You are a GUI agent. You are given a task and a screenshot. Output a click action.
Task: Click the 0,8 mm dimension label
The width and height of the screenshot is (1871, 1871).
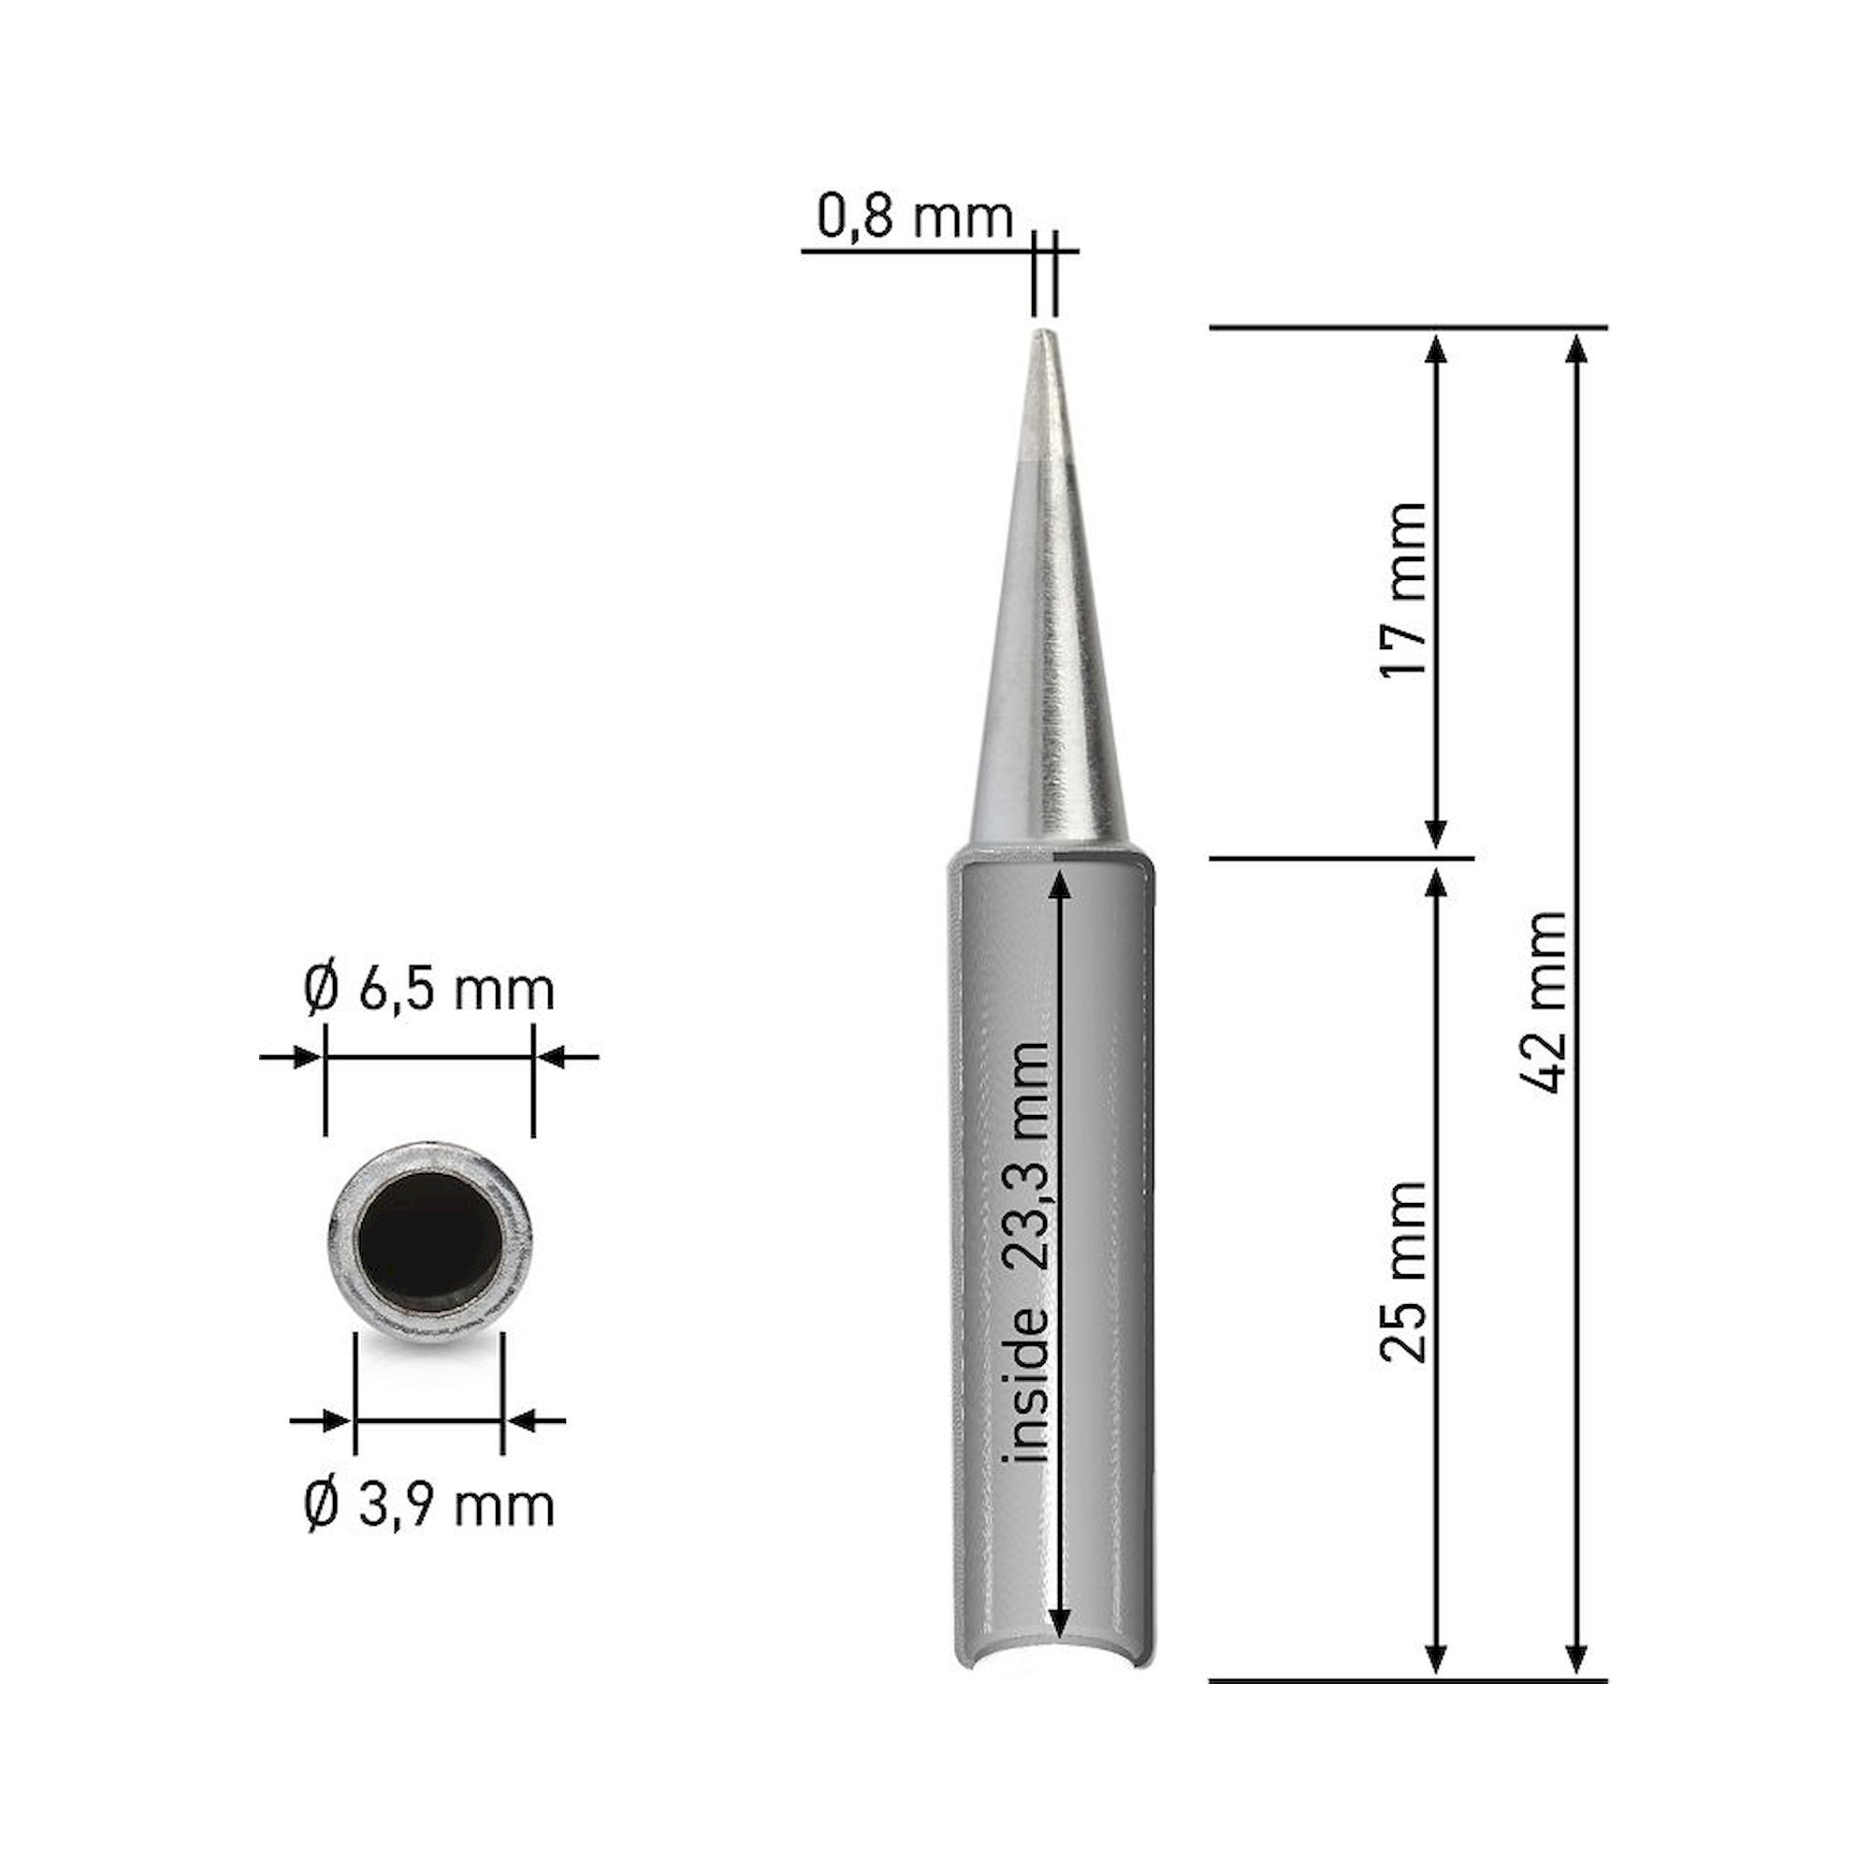point(914,217)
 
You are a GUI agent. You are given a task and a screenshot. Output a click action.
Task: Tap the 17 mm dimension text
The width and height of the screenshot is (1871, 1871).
point(1403,589)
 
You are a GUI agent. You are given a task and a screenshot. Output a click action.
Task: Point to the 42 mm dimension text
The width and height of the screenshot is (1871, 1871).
point(1544,1002)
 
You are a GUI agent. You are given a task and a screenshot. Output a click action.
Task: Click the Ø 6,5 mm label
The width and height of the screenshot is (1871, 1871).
point(428,991)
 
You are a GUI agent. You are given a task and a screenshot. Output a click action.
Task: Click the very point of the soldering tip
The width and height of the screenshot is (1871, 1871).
point(1043,335)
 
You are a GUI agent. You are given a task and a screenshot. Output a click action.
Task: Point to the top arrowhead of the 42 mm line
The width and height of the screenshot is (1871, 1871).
point(1577,348)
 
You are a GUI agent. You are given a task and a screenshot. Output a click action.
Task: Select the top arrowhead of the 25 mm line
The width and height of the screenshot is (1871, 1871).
point(1437,882)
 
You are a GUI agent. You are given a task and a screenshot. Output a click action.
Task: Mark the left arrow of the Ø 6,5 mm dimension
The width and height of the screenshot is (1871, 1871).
point(305,1056)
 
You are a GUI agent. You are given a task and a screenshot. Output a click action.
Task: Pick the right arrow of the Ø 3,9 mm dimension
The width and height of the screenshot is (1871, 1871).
point(524,1421)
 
